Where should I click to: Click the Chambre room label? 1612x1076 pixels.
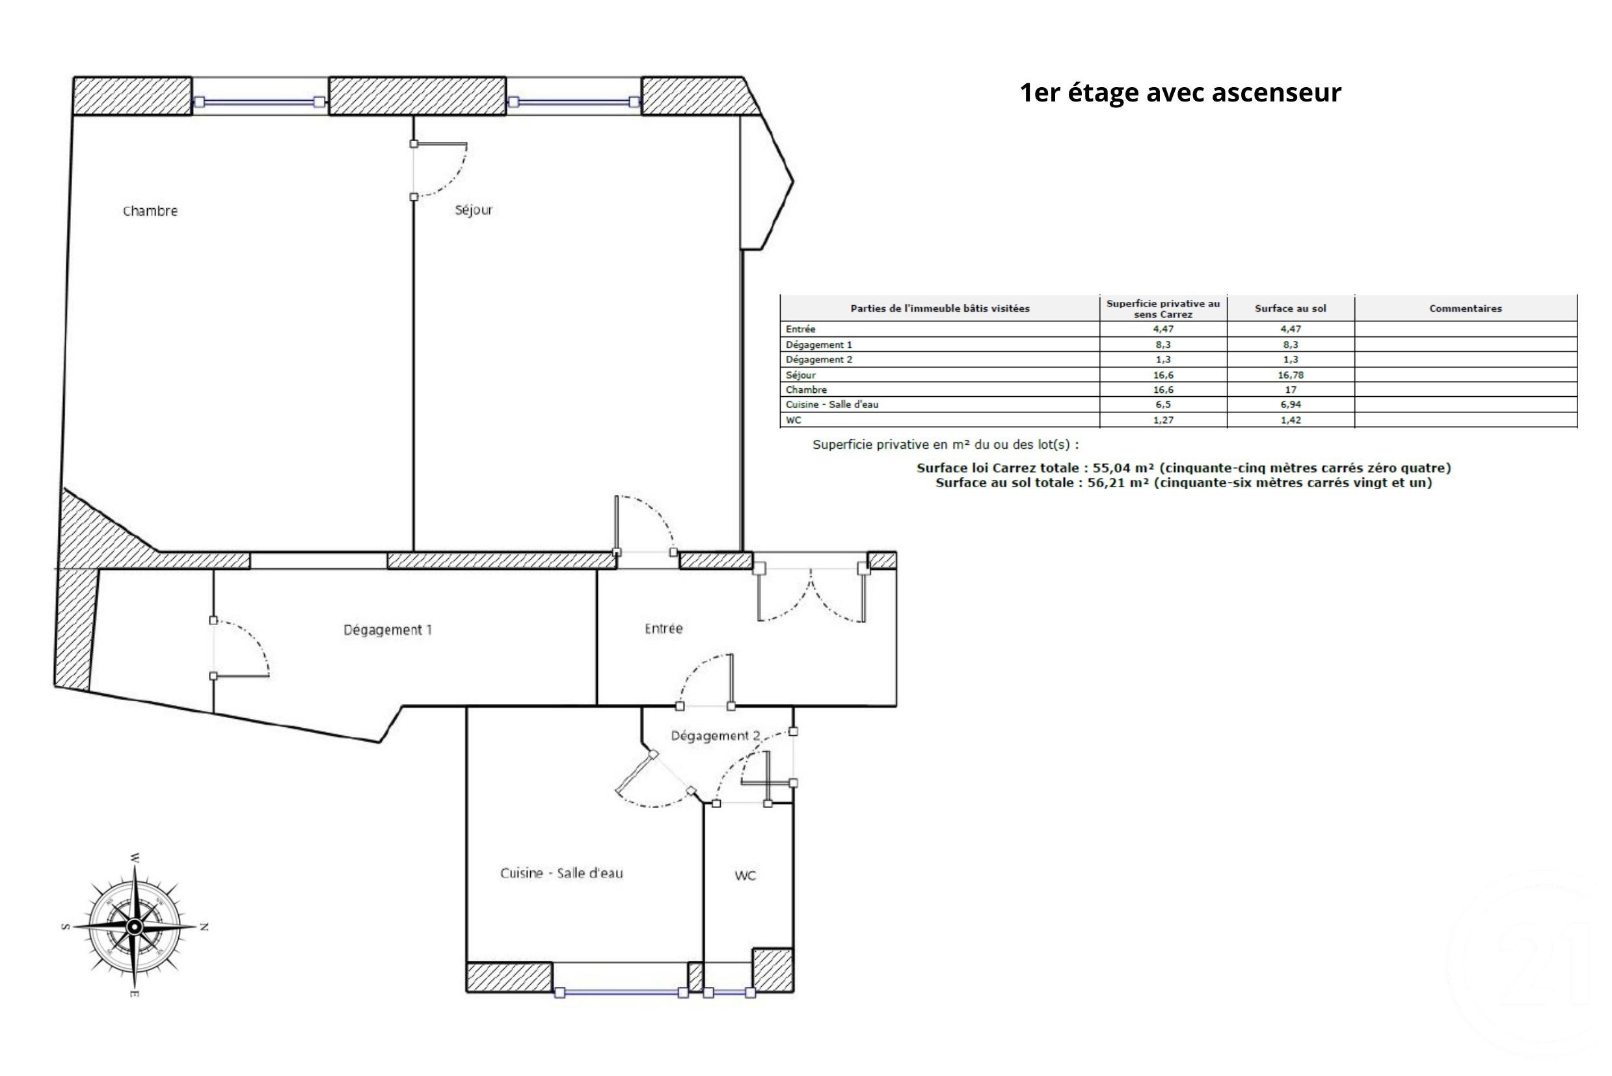(150, 211)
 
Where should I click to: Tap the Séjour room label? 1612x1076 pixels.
(474, 210)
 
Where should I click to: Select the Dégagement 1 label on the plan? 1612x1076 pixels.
(388, 630)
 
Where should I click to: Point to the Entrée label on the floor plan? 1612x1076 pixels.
(664, 628)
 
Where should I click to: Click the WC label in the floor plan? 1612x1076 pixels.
(746, 876)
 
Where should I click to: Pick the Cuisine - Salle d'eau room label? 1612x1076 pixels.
(561, 874)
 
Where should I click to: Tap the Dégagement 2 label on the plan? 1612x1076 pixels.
(715, 736)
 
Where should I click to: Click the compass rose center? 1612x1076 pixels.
(135, 927)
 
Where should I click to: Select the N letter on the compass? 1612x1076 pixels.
(204, 927)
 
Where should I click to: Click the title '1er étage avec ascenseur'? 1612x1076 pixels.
(1179, 92)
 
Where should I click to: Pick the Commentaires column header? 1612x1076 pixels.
(1465, 309)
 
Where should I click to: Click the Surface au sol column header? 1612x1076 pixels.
(1290, 309)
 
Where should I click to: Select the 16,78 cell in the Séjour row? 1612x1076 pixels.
(1290, 375)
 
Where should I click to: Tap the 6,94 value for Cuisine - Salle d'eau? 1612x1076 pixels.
(1290, 404)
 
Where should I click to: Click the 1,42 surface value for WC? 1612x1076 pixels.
(1290, 420)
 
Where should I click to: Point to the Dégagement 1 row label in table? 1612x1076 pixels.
(819, 345)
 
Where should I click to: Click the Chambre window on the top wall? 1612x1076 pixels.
(260, 102)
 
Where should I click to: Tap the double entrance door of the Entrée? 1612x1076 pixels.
(811, 594)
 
